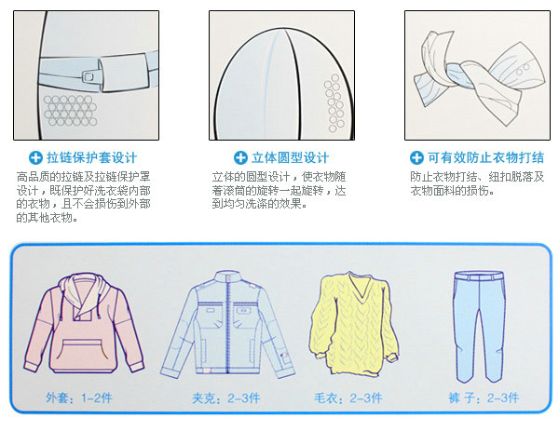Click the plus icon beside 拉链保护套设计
click(35, 158)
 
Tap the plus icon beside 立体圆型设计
click(240, 158)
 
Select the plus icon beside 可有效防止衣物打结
click(416, 158)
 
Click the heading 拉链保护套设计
click(91, 158)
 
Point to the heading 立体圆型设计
click(290, 158)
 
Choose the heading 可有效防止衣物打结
click(485, 158)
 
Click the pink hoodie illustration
click(84, 323)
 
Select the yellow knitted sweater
click(353, 324)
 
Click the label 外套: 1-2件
click(79, 398)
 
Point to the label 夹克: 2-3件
click(226, 398)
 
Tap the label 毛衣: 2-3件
click(348, 398)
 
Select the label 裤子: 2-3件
click(484, 398)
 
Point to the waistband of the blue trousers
click(480, 276)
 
